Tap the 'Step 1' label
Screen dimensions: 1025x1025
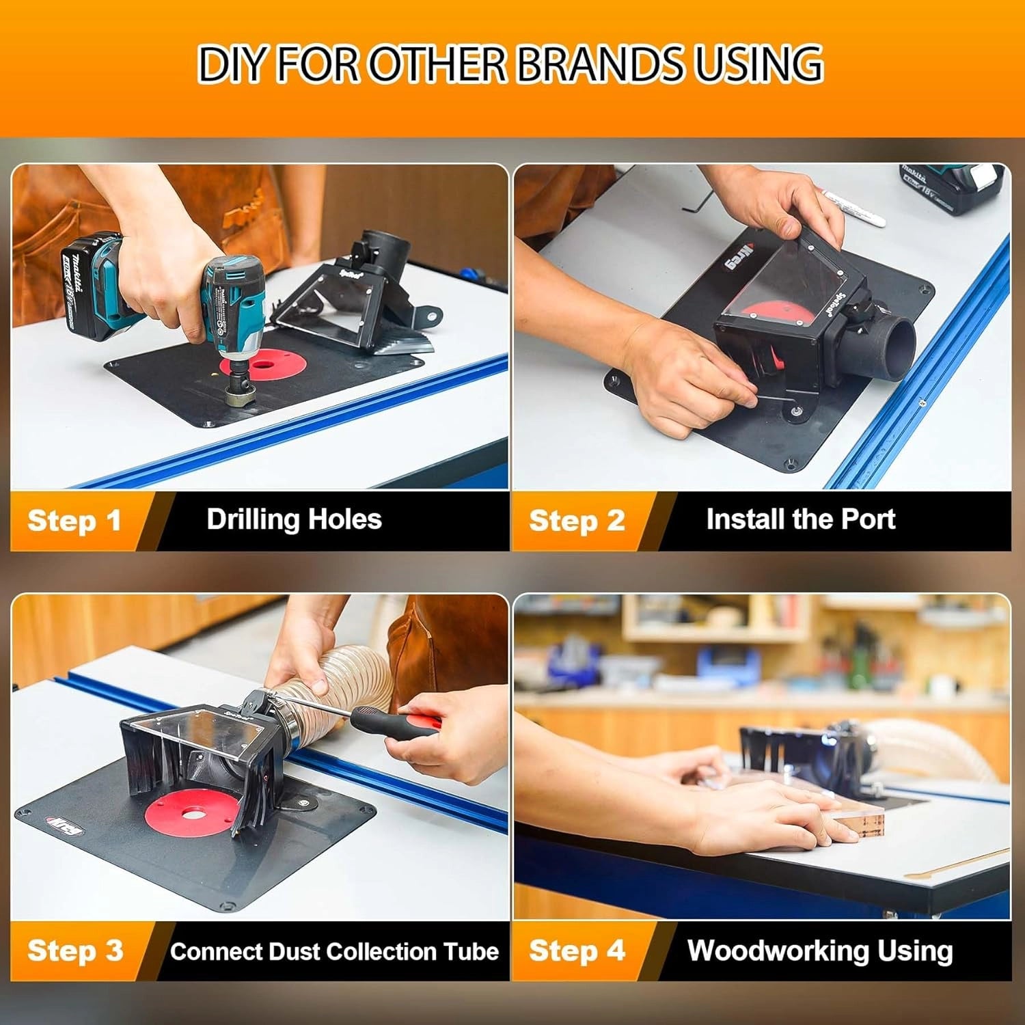click(x=74, y=521)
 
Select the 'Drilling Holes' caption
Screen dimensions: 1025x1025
click(x=294, y=519)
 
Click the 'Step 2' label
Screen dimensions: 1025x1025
click(x=577, y=521)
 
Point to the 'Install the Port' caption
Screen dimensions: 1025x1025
click(x=800, y=519)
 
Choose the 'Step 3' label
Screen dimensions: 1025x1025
click(x=75, y=951)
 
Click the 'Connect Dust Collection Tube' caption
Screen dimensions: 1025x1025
click(x=334, y=951)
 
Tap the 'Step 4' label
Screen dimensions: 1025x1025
click(x=577, y=951)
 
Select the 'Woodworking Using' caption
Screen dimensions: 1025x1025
click(x=819, y=951)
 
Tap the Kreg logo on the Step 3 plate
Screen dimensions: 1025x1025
click(x=66, y=828)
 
